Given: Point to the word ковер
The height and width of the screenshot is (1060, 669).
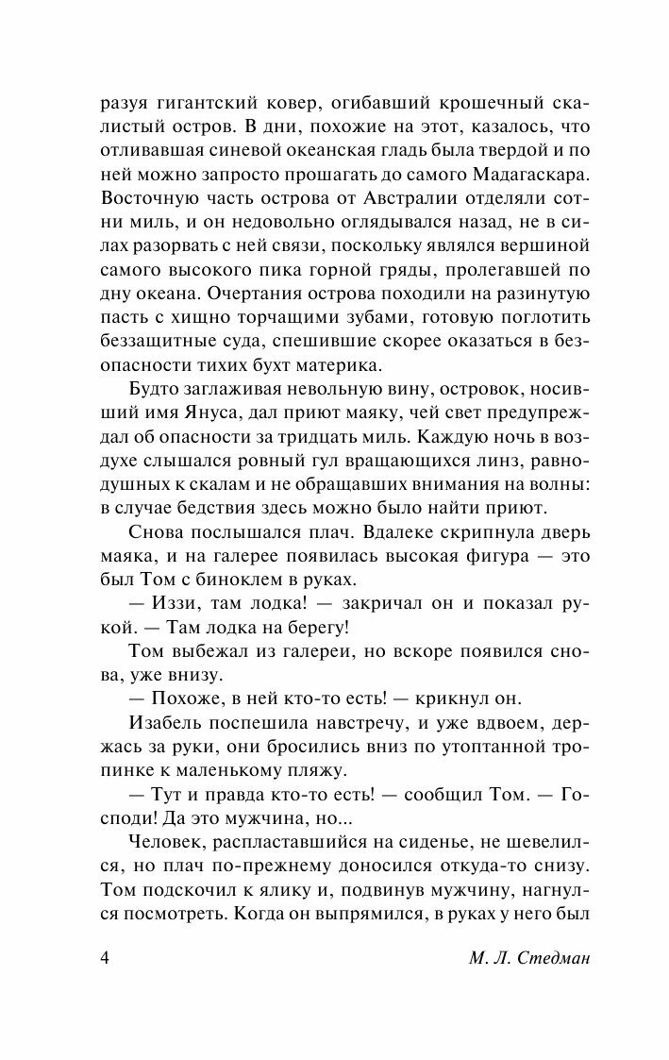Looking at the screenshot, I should [x=266, y=97].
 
